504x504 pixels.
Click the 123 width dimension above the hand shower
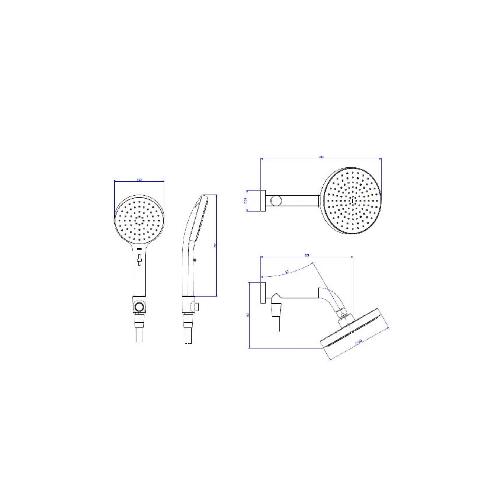pos(139,179)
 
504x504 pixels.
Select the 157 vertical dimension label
pos(248,315)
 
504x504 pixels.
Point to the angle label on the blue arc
pos(287,270)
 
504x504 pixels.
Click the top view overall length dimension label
pos(320,156)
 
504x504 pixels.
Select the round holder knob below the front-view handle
pos(139,306)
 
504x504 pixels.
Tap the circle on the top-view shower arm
pos(277,200)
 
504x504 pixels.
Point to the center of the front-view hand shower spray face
pos(139,221)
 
